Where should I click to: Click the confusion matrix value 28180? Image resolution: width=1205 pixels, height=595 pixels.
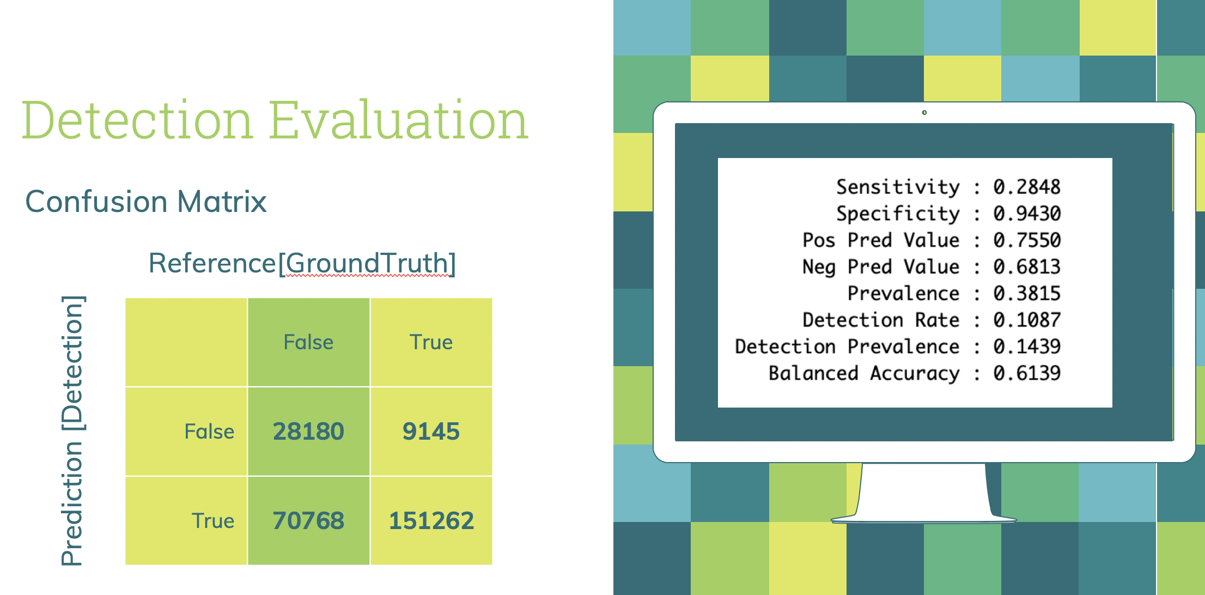[x=308, y=431]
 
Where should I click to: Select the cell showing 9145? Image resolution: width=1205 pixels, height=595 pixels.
[x=431, y=431]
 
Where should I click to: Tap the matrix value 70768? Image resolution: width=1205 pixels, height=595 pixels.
[x=308, y=520]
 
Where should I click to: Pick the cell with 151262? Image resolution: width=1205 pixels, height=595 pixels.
[x=431, y=520]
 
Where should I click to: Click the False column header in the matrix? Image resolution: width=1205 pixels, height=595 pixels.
[x=308, y=342]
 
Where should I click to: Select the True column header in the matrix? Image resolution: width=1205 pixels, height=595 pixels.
[x=431, y=342]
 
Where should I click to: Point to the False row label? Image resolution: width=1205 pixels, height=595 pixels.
[x=209, y=432]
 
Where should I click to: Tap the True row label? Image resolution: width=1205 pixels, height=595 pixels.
[x=213, y=521]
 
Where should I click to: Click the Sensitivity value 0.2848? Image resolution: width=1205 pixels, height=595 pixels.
[x=1027, y=187]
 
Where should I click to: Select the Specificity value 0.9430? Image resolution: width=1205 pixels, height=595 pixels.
[x=1027, y=214]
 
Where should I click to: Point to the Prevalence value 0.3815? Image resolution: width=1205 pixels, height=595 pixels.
[x=1027, y=294]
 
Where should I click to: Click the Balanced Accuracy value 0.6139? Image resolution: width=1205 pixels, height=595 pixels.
[x=1027, y=373]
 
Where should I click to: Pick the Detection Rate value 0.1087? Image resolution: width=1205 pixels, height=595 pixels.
[x=1027, y=320]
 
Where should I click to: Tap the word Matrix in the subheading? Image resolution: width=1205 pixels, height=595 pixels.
[x=222, y=202]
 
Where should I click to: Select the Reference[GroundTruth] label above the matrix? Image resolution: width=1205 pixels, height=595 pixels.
[x=302, y=264]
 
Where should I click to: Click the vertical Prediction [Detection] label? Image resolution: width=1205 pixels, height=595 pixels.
[x=72, y=430]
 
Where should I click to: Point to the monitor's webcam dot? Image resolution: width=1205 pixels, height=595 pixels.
[x=924, y=113]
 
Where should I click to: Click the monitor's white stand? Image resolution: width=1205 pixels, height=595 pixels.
[x=924, y=493]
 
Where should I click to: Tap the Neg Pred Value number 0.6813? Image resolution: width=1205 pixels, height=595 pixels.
[x=1027, y=267]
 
